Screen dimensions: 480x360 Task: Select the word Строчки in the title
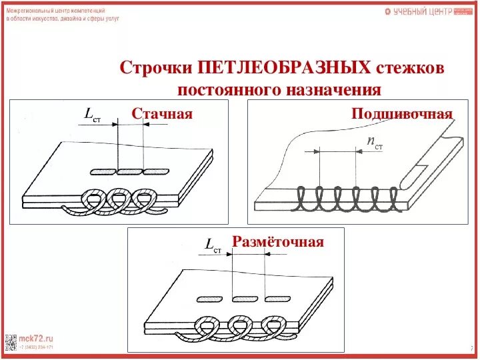pyautogui.click(x=155, y=68)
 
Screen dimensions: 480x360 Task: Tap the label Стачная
pyautogui.click(x=162, y=114)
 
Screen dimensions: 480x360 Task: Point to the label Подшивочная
pyautogui.click(x=402, y=113)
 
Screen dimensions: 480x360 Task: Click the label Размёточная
pyautogui.click(x=278, y=241)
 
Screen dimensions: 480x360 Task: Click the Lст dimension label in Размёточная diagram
pyautogui.click(x=213, y=247)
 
